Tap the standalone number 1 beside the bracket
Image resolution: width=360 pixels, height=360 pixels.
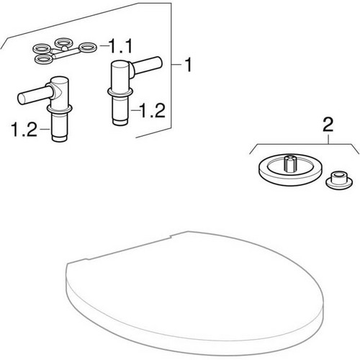[x=187, y=66]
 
